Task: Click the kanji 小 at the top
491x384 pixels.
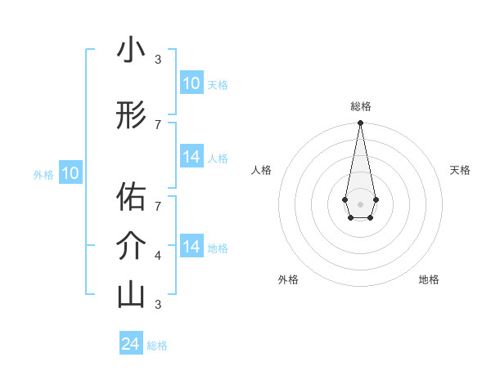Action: click(x=131, y=51)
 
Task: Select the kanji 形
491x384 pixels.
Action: click(x=131, y=116)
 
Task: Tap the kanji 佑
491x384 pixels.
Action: click(x=131, y=197)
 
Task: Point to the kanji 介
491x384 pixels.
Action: click(x=131, y=246)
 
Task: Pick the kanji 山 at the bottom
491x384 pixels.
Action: click(x=131, y=295)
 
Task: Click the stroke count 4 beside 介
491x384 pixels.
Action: click(x=158, y=256)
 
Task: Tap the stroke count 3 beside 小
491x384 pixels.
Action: click(x=158, y=60)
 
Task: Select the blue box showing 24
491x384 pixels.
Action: click(x=131, y=344)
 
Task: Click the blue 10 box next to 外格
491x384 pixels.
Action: click(x=70, y=173)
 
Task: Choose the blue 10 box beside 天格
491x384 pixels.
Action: click(x=191, y=83)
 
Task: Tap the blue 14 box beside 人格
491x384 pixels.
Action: click(x=191, y=157)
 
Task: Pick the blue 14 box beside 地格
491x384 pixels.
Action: click(x=191, y=247)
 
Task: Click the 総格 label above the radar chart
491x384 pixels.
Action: click(x=361, y=106)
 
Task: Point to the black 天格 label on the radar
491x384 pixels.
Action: click(x=460, y=170)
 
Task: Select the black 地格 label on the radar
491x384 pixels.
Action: click(x=429, y=279)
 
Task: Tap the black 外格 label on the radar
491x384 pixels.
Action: click(x=288, y=279)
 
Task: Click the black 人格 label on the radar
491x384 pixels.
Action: click(x=261, y=170)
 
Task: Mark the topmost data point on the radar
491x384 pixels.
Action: click(x=360, y=123)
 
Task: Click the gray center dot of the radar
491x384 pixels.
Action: click(x=360, y=203)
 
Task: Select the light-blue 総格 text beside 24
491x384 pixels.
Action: click(x=157, y=346)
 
